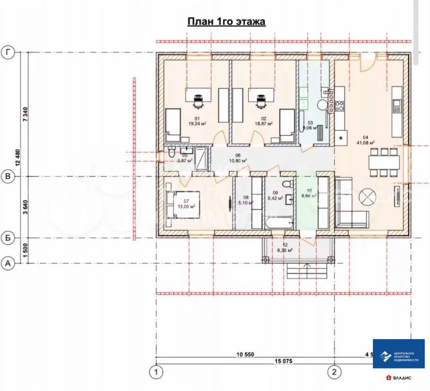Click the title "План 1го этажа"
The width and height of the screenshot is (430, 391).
click(x=226, y=22)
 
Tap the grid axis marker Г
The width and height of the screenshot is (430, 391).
click(x=7, y=52)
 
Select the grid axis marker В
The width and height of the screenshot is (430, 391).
click(x=7, y=177)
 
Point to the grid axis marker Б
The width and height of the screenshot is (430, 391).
click(x=7, y=238)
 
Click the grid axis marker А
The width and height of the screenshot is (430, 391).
click(x=7, y=264)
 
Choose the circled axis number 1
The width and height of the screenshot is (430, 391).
click(x=155, y=372)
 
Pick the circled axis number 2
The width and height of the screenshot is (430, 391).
click(x=335, y=372)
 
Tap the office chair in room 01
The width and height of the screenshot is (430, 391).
click(x=198, y=101)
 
